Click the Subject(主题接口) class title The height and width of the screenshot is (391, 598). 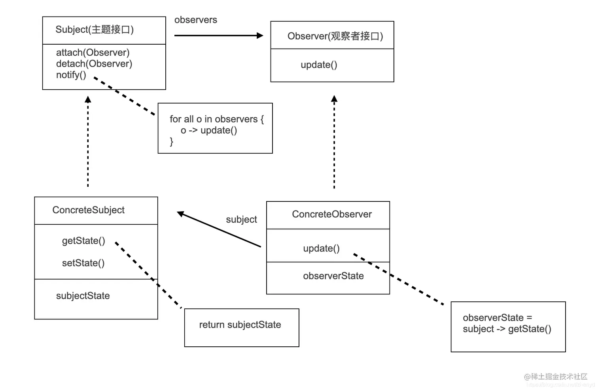click(95, 30)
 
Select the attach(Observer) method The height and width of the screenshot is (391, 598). click(93, 53)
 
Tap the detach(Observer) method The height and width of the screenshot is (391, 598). click(94, 64)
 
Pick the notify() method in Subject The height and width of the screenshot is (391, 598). click(71, 75)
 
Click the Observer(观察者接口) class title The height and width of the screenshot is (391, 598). click(335, 36)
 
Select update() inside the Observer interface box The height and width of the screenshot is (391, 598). click(319, 65)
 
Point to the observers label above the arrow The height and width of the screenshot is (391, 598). click(195, 20)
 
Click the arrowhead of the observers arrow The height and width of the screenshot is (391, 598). click(260, 36)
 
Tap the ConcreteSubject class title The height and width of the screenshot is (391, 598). click(88, 210)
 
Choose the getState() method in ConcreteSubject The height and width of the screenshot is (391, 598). click(83, 241)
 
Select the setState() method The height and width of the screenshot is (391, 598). click(83, 263)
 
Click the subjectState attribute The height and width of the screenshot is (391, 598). click(83, 296)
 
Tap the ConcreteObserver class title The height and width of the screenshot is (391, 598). click(332, 214)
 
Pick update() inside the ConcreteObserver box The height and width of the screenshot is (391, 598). click(321, 248)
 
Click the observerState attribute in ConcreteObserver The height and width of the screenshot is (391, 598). click(333, 276)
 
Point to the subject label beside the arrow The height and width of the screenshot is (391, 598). click(241, 219)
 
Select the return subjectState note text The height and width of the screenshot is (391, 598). click(240, 325)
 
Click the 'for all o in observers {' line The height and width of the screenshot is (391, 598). click(216, 119)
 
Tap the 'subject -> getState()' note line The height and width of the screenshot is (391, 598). click(507, 329)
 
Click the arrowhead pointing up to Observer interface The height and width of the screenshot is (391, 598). click(334, 99)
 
